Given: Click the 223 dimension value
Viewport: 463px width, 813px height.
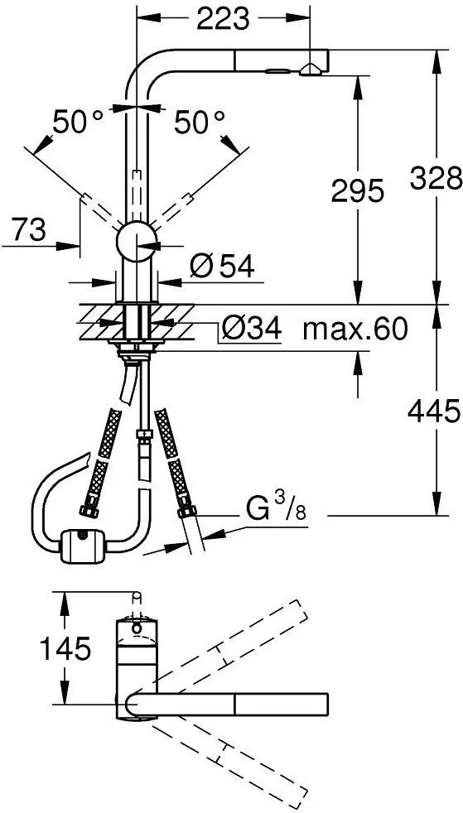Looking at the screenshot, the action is pyautogui.click(x=224, y=19).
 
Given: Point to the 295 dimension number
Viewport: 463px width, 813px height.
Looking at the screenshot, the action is pyautogui.click(x=357, y=191).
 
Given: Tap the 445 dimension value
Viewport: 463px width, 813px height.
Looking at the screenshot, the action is pyautogui.click(x=434, y=412).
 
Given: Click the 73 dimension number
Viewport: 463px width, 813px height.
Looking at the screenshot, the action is pyautogui.click(x=27, y=229).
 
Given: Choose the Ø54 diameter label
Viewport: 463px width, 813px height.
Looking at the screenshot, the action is pyautogui.click(x=222, y=267).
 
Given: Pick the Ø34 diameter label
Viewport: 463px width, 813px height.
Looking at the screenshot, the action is pyautogui.click(x=251, y=328).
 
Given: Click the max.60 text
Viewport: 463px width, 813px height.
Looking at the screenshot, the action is pyautogui.click(x=355, y=328).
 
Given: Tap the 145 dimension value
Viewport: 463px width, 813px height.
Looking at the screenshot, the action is pyautogui.click(x=65, y=648).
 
